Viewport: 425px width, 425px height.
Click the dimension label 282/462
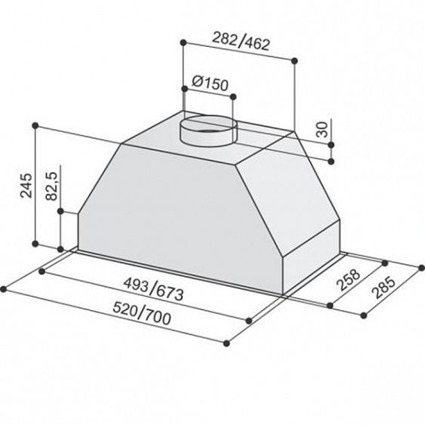[x=241, y=41]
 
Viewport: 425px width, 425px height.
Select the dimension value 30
[x=322, y=130]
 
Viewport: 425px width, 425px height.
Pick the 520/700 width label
[x=142, y=314]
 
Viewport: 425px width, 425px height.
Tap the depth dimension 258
[x=348, y=280]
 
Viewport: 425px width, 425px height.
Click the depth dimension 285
[x=383, y=287]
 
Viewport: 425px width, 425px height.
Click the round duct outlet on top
[x=208, y=131]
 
